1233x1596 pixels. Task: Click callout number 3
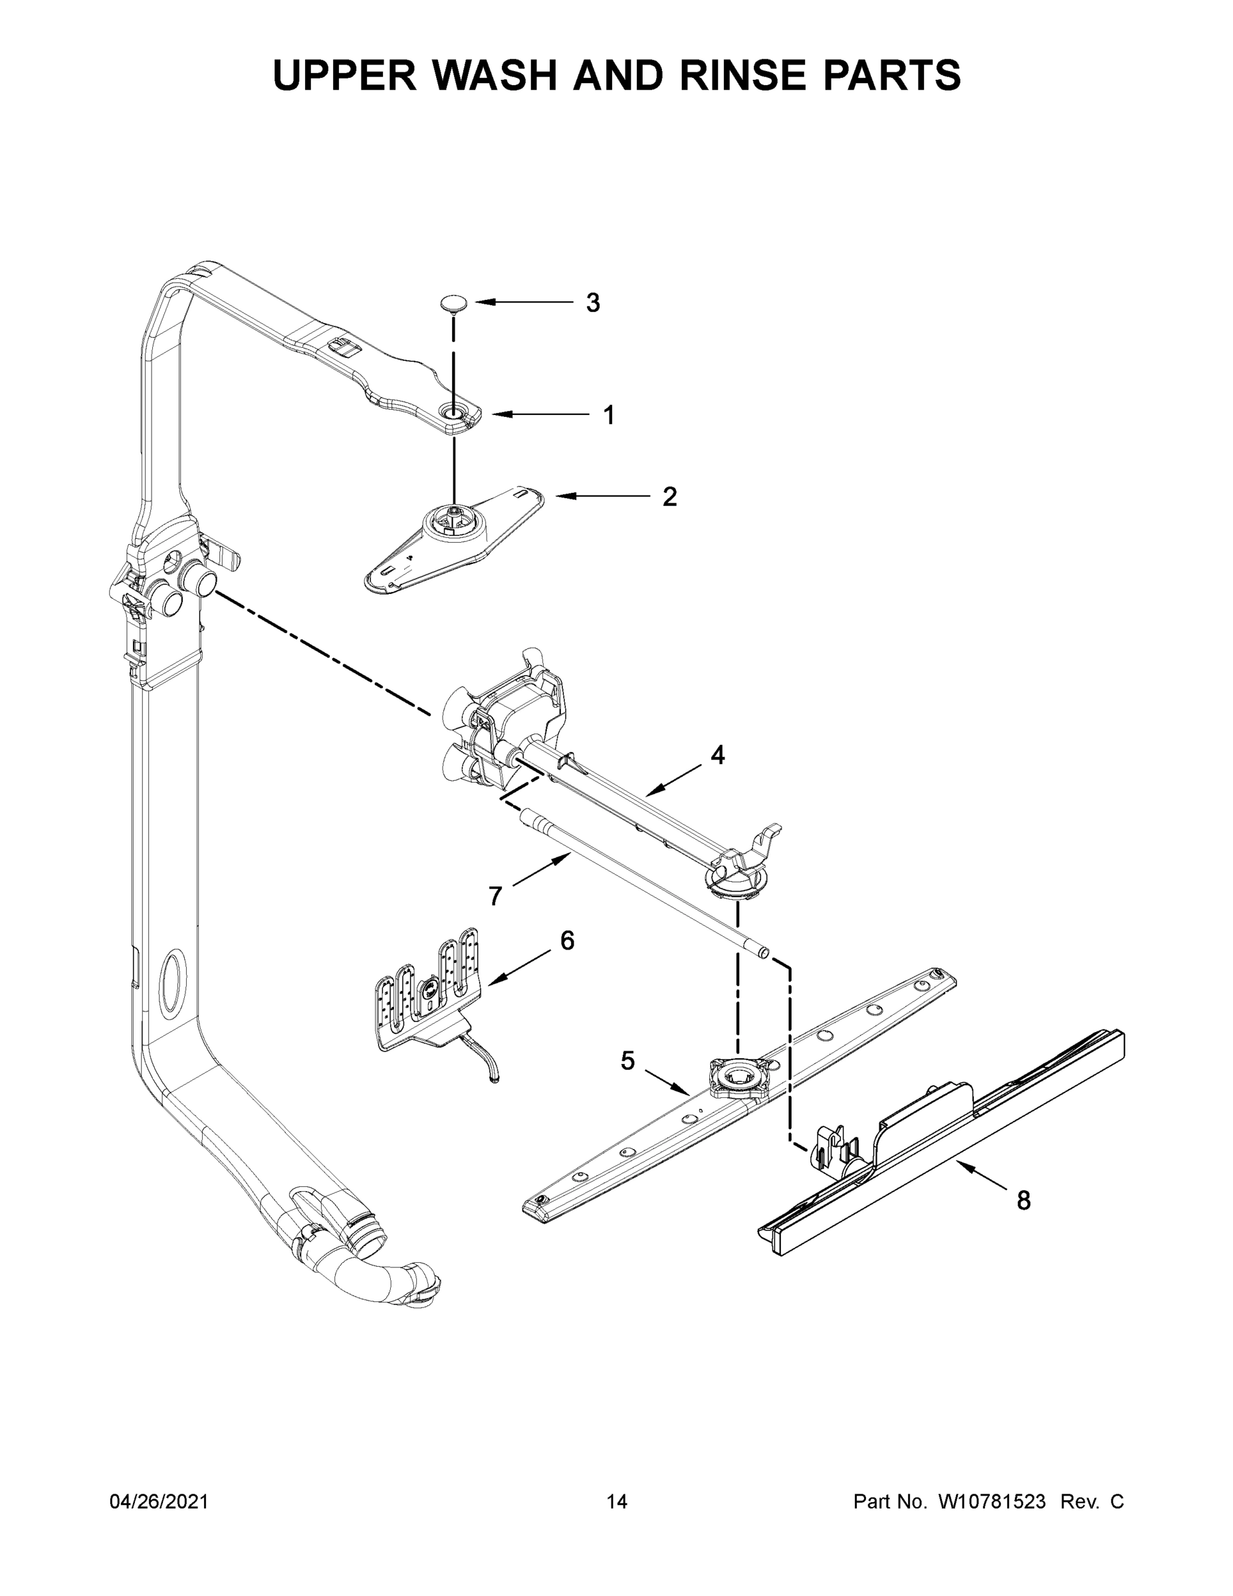coord(593,302)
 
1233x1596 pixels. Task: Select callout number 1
coord(608,415)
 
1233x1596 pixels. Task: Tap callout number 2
coord(669,497)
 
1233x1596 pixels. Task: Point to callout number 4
coord(718,755)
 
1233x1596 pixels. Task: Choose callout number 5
coord(628,1061)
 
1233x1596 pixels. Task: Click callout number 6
coord(568,940)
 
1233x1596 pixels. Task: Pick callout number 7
coord(495,896)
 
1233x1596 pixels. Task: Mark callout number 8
coord(1024,1199)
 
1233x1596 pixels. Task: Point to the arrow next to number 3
coord(523,302)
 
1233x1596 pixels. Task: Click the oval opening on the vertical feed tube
coord(173,982)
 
